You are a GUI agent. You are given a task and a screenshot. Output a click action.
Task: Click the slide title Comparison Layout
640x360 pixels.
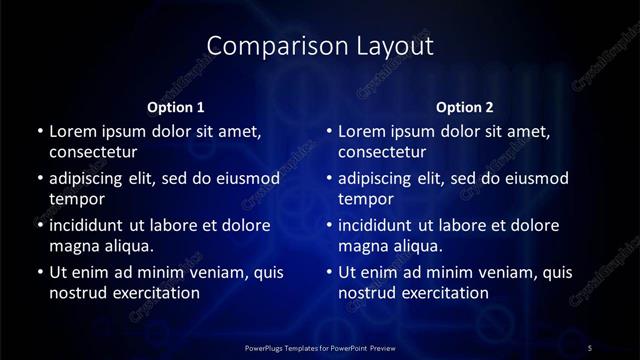point(320,46)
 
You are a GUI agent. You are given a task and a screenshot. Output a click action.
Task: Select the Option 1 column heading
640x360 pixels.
point(176,106)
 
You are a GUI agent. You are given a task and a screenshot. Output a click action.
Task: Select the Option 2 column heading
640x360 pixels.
point(465,106)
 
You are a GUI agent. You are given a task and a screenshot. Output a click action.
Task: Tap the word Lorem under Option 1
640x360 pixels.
point(72,131)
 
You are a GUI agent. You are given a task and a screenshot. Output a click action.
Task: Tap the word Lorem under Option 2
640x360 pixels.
point(362,131)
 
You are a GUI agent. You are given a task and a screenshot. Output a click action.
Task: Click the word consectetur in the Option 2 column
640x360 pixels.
point(383,153)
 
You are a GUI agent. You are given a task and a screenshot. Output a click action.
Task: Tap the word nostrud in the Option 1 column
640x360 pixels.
point(77,293)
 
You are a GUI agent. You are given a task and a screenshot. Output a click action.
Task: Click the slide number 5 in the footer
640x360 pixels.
point(590,347)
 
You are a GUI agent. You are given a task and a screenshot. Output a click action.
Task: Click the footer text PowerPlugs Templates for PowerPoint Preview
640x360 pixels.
point(320,347)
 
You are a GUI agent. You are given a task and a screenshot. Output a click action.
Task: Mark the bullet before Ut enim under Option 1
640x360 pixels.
point(39,272)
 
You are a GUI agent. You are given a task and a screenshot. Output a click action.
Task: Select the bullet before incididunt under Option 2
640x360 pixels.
point(329,225)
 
